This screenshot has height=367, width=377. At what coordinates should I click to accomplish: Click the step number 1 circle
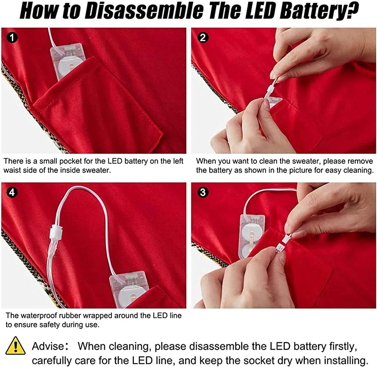click(x=12, y=38)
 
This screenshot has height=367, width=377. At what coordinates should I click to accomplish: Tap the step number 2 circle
click(x=203, y=38)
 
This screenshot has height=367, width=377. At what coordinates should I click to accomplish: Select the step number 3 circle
click(x=203, y=192)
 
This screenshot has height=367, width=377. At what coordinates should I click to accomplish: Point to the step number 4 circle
click(x=12, y=192)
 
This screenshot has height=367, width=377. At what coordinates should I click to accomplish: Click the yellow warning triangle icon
click(x=15, y=346)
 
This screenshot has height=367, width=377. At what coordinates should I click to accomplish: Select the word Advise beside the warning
click(x=48, y=346)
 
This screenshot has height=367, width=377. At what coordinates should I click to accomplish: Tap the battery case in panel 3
click(x=251, y=236)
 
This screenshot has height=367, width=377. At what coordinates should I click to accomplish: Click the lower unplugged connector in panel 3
click(x=279, y=247)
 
